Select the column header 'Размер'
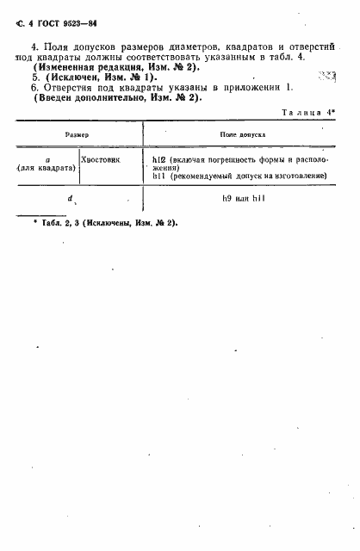(78, 136)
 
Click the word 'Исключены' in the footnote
(115, 223)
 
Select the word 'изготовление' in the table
(301, 176)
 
